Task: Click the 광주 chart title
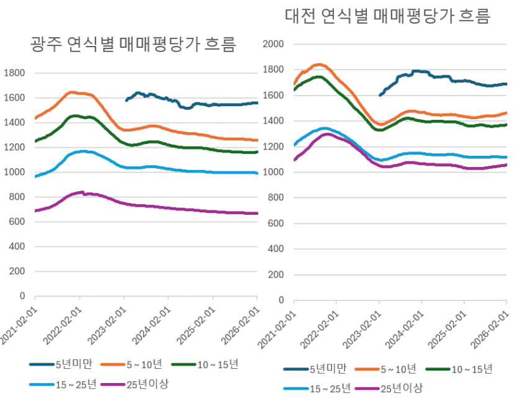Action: pos(133,45)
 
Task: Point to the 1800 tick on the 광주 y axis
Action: pos(13,73)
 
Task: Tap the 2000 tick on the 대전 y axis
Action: pos(274,44)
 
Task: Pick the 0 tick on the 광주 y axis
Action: pos(22,296)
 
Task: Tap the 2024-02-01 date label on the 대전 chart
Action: pos(406,325)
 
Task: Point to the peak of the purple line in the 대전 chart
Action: pos(327,134)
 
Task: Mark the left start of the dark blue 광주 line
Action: pos(126,100)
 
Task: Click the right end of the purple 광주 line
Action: pos(257,214)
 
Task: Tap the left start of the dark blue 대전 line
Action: pos(380,95)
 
